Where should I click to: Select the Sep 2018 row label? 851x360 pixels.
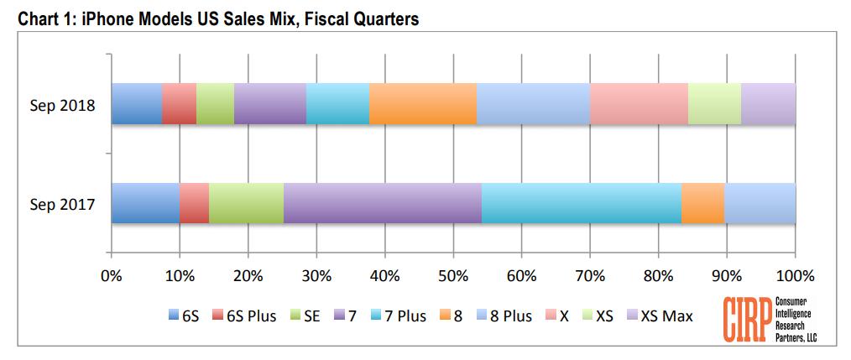pos(62,105)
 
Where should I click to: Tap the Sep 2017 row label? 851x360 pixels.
pos(62,204)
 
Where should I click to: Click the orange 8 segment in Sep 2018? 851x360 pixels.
pos(423,104)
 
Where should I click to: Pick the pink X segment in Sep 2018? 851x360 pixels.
pos(639,104)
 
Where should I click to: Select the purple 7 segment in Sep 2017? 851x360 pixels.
pos(383,203)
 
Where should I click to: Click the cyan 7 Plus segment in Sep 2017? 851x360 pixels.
pos(581,203)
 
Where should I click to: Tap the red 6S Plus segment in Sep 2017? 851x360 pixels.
pos(194,203)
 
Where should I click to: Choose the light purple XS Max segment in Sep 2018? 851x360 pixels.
pos(768,104)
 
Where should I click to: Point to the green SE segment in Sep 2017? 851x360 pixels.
pos(246,203)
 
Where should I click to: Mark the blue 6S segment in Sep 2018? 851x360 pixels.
pos(136,104)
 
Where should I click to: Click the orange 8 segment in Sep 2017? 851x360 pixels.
pos(702,203)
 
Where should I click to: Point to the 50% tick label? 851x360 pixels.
pos(453,275)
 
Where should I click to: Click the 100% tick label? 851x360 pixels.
pos(795,275)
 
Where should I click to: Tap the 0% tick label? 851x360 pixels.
pos(111,275)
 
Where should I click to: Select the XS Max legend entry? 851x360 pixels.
pos(660,316)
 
